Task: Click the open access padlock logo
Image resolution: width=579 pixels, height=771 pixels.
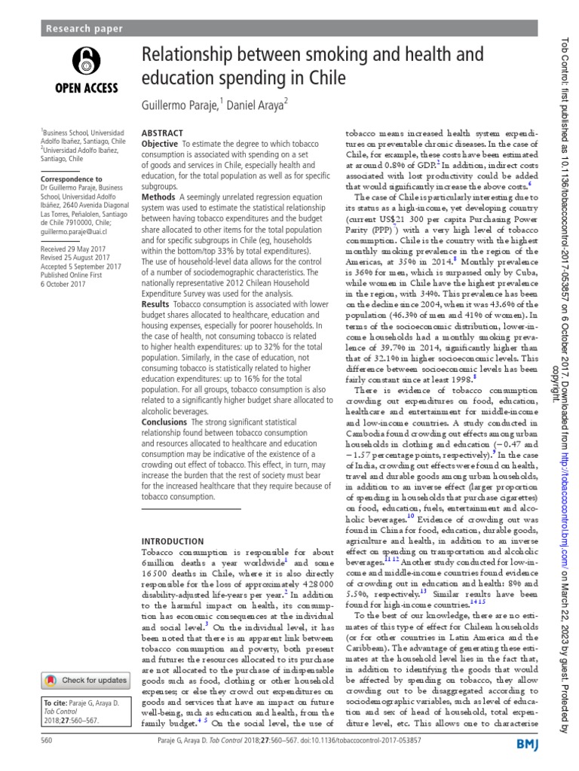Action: tap(84, 64)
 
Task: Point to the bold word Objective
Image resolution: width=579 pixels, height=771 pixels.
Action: tap(160, 143)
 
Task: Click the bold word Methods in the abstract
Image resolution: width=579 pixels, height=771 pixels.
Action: tap(158, 196)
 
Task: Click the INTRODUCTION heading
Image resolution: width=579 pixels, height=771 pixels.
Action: tap(173, 541)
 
